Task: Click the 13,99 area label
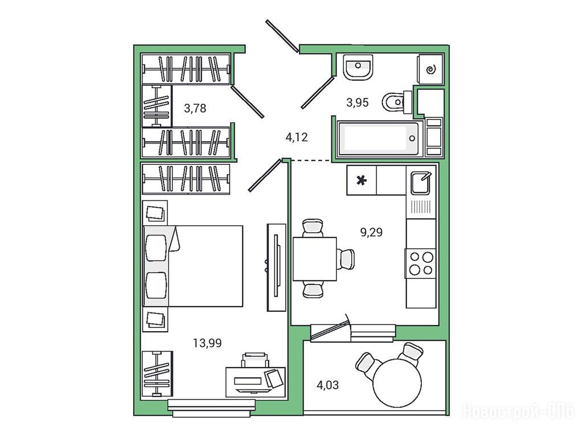click(207, 343)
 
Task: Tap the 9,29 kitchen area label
click(371, 232)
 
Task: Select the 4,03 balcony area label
click(327, 385)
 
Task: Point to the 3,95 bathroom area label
click(358, 102)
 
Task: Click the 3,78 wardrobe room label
click(195, 108)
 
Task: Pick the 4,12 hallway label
click(296, 138)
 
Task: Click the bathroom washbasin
click(358, 67)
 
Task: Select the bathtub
click(380, 139)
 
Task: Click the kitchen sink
click(421, 183)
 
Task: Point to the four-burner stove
click(421, 263)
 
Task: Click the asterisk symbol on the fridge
click(362, 181)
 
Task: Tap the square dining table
click(314, 259)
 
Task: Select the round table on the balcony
click(397, 383)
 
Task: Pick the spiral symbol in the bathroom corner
click(431, 69)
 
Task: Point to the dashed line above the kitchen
click(311, 160)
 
